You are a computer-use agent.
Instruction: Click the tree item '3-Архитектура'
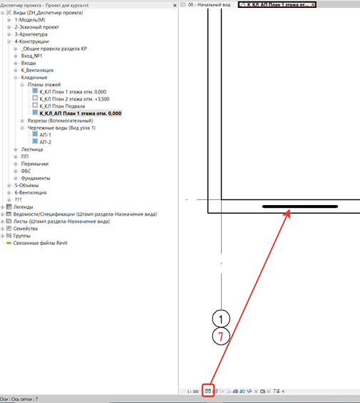(x=31, y=34)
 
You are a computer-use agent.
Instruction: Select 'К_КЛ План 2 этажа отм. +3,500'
(x=74, y=99)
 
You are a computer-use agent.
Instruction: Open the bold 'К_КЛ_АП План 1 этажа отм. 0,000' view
(x=81, y=113)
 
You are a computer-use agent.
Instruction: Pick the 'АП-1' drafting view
(x=46, y=135)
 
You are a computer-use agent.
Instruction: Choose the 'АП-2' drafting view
(x=46, y=142)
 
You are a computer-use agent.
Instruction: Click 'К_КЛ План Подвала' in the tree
(x=62, y=106)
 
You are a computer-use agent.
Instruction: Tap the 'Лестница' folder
(x=32, y=150)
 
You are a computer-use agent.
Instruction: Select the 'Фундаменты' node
(x=36, y=179)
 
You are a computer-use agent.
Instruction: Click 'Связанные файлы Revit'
(x=40, y=243)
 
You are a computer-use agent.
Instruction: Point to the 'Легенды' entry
(x=23, y=207)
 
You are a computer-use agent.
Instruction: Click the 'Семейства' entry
(x=25, y=229)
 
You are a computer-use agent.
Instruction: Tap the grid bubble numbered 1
(x=221, y=319)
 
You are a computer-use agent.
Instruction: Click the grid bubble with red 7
(x=221, y=336)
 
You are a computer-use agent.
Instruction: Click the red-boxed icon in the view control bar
(x=208, y=391)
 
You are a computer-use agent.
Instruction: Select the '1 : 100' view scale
(x=192, y=392)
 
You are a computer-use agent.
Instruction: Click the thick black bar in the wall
(x=300, y=206)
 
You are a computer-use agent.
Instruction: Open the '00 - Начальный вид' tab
(x=209, y=4)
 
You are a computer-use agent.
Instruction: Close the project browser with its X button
(x=175, y=5)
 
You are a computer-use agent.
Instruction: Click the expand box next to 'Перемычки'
(x=16, y=164)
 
